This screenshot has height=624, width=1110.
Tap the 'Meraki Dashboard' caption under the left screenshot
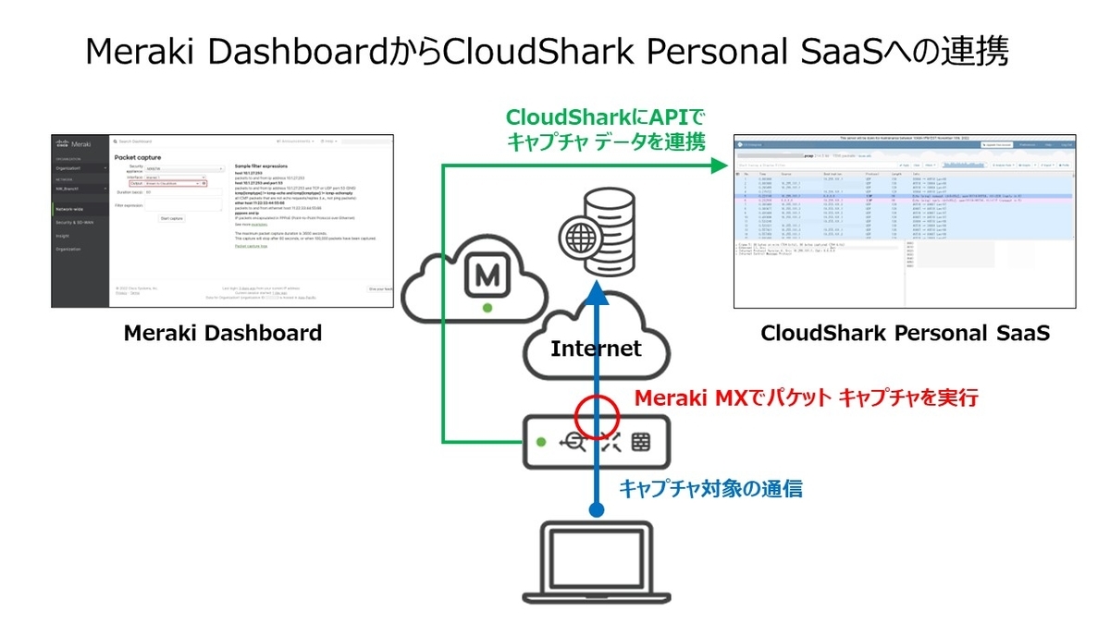click(223, 334)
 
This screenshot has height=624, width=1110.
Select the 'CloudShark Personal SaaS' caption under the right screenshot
click(905, 334)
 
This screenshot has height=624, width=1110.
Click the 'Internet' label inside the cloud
click(596, 349)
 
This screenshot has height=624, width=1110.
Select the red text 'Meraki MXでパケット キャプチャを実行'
click(805, 398)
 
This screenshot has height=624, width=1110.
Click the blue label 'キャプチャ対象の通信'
click(709, 488)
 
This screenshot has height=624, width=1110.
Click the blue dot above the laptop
click(597, 509)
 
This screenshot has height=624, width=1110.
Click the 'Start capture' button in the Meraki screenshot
click(171, 218)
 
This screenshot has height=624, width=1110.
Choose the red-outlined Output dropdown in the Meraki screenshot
click(167, 183)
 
